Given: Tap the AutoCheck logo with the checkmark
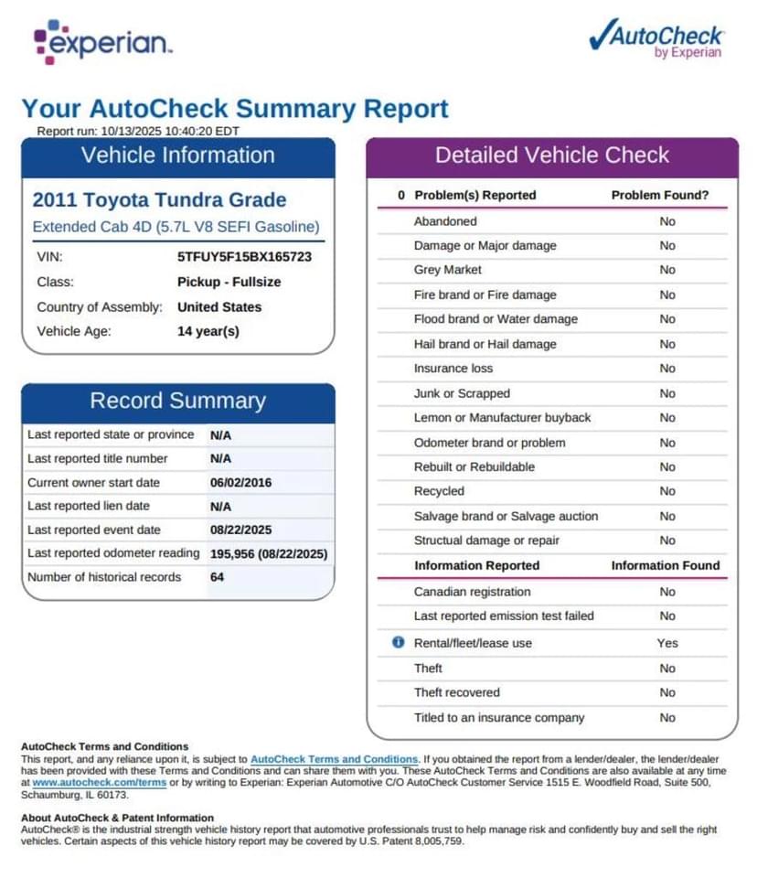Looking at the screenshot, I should click(656, 38).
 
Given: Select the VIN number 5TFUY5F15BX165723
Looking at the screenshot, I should click(244, 257).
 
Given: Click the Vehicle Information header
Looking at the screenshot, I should click(178, 155).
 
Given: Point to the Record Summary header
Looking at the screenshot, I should click(178, 401).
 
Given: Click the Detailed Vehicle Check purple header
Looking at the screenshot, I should click(552, 155).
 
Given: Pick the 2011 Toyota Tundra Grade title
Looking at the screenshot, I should click(159, 200).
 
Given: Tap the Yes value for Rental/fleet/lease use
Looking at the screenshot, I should click(667, 643).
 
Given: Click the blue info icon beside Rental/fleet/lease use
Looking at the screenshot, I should click(398, 643).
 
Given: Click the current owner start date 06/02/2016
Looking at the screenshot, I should click(240, 482).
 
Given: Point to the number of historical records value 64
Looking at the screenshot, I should click(218, 577).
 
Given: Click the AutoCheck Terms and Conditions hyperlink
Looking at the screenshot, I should click(335, 759).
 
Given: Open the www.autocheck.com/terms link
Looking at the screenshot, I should click(100, 783).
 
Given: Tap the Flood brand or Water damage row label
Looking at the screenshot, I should click(496, 319).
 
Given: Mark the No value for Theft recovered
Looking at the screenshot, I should click(667, 692).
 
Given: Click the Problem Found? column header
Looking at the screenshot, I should click(660, 195).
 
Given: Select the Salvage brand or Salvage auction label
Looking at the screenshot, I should click(506, 516).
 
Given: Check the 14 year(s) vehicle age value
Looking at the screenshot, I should click(208, 331).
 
